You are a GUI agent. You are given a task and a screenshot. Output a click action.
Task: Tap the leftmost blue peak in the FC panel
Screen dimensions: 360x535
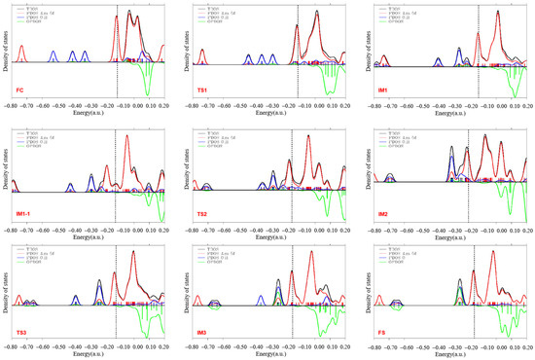[53, 57]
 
